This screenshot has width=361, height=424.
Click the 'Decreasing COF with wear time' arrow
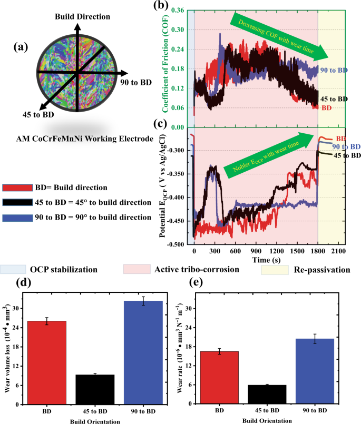tap(279, 35)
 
